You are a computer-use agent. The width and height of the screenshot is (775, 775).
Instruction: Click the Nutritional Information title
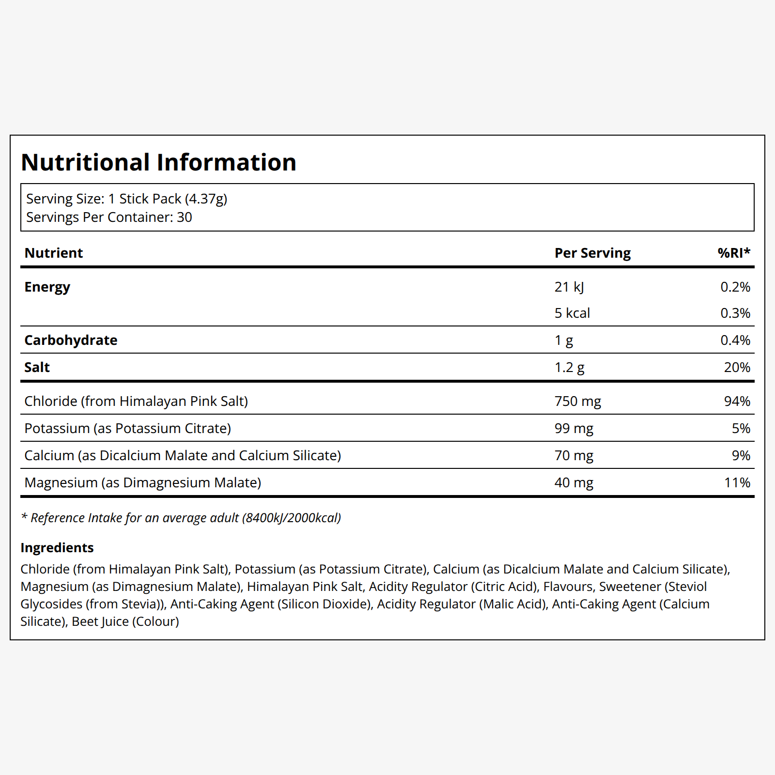click(x=158, y=162)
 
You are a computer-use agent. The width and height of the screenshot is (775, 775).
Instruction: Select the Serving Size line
click(x=127, y=199)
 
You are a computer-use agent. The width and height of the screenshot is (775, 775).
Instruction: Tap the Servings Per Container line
click(x=109, y=217)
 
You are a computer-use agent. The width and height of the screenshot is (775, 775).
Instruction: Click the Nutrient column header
click(x=54, y=253)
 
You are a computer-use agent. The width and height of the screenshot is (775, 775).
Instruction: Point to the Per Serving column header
click(x=593, y=253)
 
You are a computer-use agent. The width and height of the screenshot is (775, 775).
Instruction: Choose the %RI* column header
click(x=734, y=252)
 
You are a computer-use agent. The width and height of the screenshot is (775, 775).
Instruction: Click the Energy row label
click(x=47, y=287)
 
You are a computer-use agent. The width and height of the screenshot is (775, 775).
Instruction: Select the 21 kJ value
click(x=569, y=287)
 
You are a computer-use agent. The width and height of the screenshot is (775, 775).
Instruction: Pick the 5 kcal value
click(x=572, y=313)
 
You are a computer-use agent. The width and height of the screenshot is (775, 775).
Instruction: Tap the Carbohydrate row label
click(x=71, y=340)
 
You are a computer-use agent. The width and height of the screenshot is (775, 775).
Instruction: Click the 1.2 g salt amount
click(x=570, y=368)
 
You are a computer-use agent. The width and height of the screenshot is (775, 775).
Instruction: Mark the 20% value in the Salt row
click(x=737, y=367)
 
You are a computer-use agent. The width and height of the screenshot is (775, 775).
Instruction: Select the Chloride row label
click(x=136, y=402)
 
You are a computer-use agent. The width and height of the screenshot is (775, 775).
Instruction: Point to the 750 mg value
click(x=578, y=402)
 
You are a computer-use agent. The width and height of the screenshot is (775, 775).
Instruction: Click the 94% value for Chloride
click(x=737, y=401)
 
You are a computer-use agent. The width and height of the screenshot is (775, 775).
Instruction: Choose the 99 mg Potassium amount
click(x=574, y=429)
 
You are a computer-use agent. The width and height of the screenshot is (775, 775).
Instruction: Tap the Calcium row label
click(x=183, y=456)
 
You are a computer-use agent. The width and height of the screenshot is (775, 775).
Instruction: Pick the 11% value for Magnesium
click(x=737, y=482)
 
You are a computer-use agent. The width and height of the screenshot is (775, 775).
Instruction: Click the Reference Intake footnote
click(x=181, y=518)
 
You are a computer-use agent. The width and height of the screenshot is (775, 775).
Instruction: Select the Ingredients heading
click(x=57, y=548)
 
